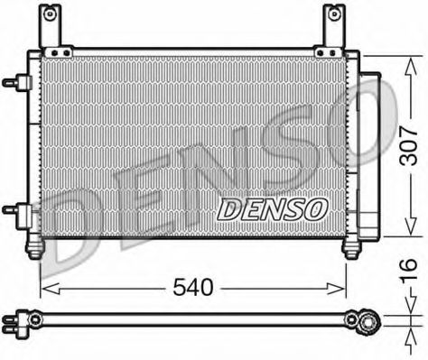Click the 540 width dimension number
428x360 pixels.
tap(192, 289)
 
